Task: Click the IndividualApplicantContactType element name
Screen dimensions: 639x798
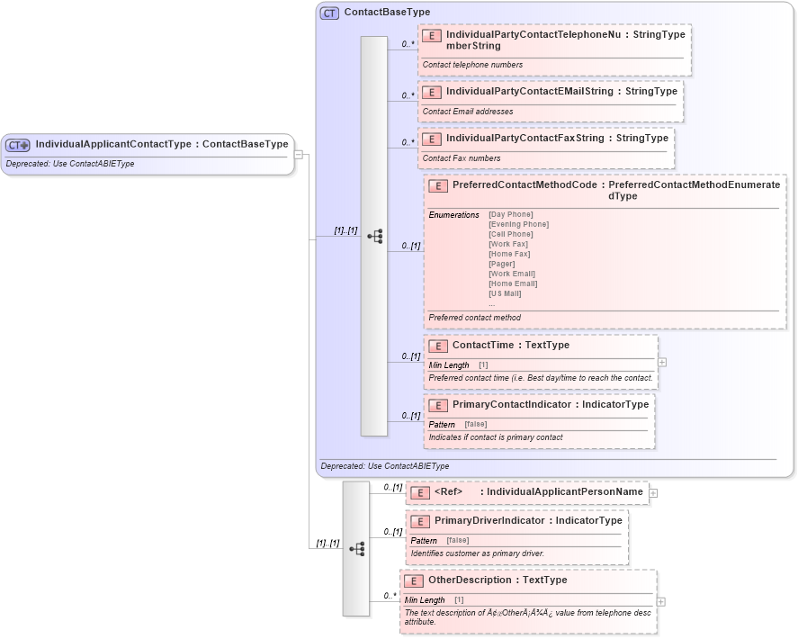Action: point(116,144)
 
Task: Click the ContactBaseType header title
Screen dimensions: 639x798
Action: point(387,13)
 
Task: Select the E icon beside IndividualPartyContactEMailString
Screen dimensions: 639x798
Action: point(432,92)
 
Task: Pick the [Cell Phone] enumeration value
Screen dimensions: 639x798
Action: point(511,234)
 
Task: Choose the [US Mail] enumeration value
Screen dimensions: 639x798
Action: point(506,293)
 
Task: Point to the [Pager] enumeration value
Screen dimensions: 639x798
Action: point(502,264)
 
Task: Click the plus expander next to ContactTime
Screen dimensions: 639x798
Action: point(662,362)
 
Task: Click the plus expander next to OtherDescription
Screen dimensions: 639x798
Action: point(661,601)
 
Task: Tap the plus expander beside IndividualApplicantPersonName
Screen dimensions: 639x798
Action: point(653,492)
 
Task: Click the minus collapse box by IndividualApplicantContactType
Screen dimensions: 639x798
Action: point(298,154)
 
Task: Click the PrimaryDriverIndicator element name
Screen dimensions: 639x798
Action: point(489,521)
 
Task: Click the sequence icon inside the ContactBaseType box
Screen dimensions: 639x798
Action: point(374,237)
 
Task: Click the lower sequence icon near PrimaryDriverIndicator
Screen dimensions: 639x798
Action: point(356,548)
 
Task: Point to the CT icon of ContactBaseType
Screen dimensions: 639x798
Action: point(330,13)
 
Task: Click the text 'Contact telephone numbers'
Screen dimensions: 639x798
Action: point(472,65)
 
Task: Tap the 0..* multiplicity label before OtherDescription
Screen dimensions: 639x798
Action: point(390,596)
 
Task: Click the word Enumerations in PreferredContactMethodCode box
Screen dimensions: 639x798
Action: point(453,215)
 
